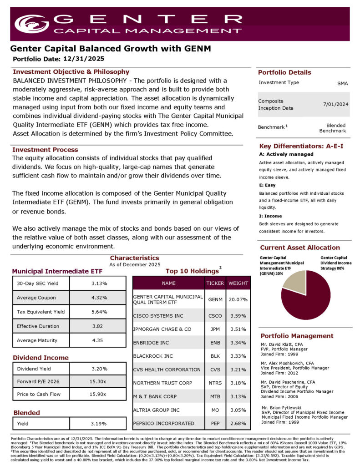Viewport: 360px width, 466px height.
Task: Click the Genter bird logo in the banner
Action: [x=31, y=24]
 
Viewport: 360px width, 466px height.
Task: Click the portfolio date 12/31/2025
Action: [x=84, y=59]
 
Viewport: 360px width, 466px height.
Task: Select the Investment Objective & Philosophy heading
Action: [x=71, y=72]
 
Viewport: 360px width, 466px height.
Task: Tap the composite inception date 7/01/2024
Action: [x=336, y=104]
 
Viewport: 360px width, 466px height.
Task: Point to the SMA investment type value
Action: [x=343, y=84]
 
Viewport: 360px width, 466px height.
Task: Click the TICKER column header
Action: [x=215, y=283]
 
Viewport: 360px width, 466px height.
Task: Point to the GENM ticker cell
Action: [x=215, y=300]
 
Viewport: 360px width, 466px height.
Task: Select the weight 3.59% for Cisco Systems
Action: [x=238, y=315]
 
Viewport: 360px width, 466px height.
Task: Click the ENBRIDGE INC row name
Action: [x=152, y=342]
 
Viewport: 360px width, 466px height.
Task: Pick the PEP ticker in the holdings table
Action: [x=215, y=424]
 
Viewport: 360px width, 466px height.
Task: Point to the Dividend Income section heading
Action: [x=41, y=358]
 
